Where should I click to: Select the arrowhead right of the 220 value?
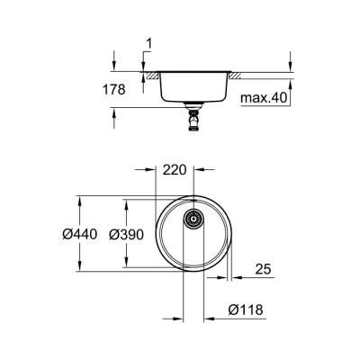199,167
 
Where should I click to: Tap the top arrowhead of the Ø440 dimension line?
82,197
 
